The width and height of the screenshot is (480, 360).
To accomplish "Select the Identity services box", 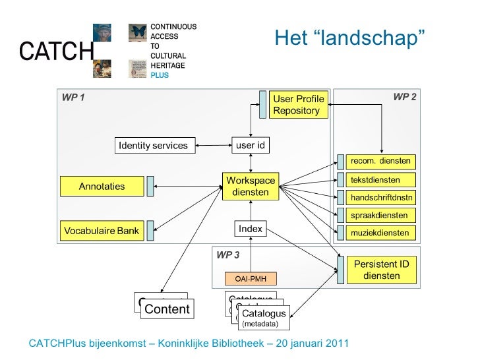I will [x=152, y=145].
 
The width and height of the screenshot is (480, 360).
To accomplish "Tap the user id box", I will [x=251, y=144].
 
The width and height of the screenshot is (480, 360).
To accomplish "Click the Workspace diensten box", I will [x=251, y=186].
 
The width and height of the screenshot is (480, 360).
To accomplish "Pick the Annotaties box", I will [x=102, y=186].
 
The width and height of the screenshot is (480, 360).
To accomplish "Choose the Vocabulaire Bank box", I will [x=102, y=231].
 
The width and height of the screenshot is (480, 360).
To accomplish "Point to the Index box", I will [x=251, y=229].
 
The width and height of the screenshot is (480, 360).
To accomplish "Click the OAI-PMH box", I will [x=251, y=278].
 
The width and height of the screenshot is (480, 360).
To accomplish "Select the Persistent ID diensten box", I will [x=381, y=270].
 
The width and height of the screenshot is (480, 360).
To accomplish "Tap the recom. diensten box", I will [x=380, y=161].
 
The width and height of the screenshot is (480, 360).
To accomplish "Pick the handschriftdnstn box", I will [x=380, y=197].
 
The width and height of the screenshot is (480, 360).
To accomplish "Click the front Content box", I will [x=167, y=309].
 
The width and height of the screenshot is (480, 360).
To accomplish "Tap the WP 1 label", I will [x=73, y=98].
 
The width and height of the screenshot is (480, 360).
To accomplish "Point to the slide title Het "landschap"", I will [x=349, y=39].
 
